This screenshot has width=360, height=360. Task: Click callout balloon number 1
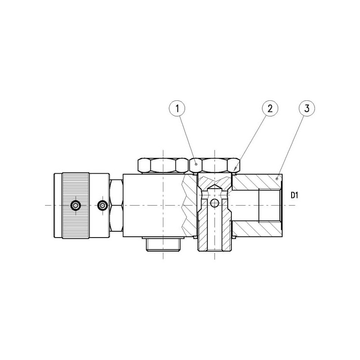[x=177, y=108]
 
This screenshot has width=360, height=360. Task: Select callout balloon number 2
[x=270, y=108]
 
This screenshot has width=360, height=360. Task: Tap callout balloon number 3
[x=307, y=108]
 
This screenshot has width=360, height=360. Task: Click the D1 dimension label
[x=294, y=196]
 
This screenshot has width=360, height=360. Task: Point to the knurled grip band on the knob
[x=76, y=206]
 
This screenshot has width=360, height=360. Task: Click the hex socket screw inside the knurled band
[x=76, y=205]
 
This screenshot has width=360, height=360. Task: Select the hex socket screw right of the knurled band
[x=103, y=205]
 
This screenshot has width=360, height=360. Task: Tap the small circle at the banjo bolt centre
[x=214, y=203]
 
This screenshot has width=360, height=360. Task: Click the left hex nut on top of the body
[x=163, y=165]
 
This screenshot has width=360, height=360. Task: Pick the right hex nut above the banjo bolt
[x=215, y=165]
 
